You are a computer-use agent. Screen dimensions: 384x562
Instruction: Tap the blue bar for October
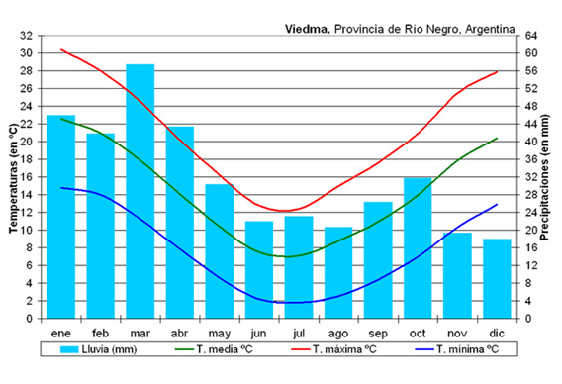pos(418,247)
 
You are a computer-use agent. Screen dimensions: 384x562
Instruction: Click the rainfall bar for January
pos(60,217)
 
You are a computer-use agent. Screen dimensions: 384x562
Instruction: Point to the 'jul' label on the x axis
pos(299,333)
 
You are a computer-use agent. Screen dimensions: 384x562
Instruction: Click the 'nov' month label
pos(457,333)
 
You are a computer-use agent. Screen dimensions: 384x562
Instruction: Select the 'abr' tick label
pos(179,333)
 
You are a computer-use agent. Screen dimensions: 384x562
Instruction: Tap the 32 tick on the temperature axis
pos(26,35)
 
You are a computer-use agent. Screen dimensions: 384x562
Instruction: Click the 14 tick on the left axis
pos(26,195)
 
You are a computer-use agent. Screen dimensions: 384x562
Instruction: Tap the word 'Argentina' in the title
pos(488,30)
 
